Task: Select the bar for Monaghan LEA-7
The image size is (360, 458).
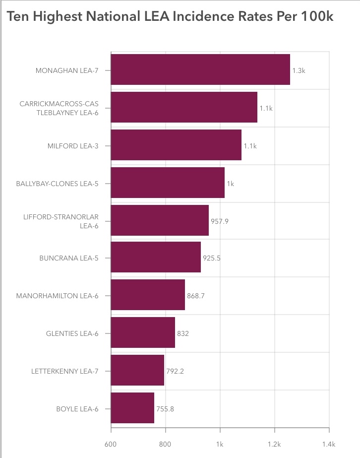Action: (200, 69)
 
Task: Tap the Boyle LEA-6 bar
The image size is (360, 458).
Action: (132, 408)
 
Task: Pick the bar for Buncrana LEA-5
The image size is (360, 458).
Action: (156, 258)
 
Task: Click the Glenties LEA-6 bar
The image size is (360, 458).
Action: (143, 333)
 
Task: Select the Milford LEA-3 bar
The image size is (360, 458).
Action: (176, 145)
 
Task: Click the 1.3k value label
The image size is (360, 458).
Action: (299, 71)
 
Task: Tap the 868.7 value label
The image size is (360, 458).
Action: (196, 296)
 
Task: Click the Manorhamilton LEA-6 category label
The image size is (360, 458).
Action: (57, 296)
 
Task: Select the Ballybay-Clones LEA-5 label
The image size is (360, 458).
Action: (58, 184)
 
